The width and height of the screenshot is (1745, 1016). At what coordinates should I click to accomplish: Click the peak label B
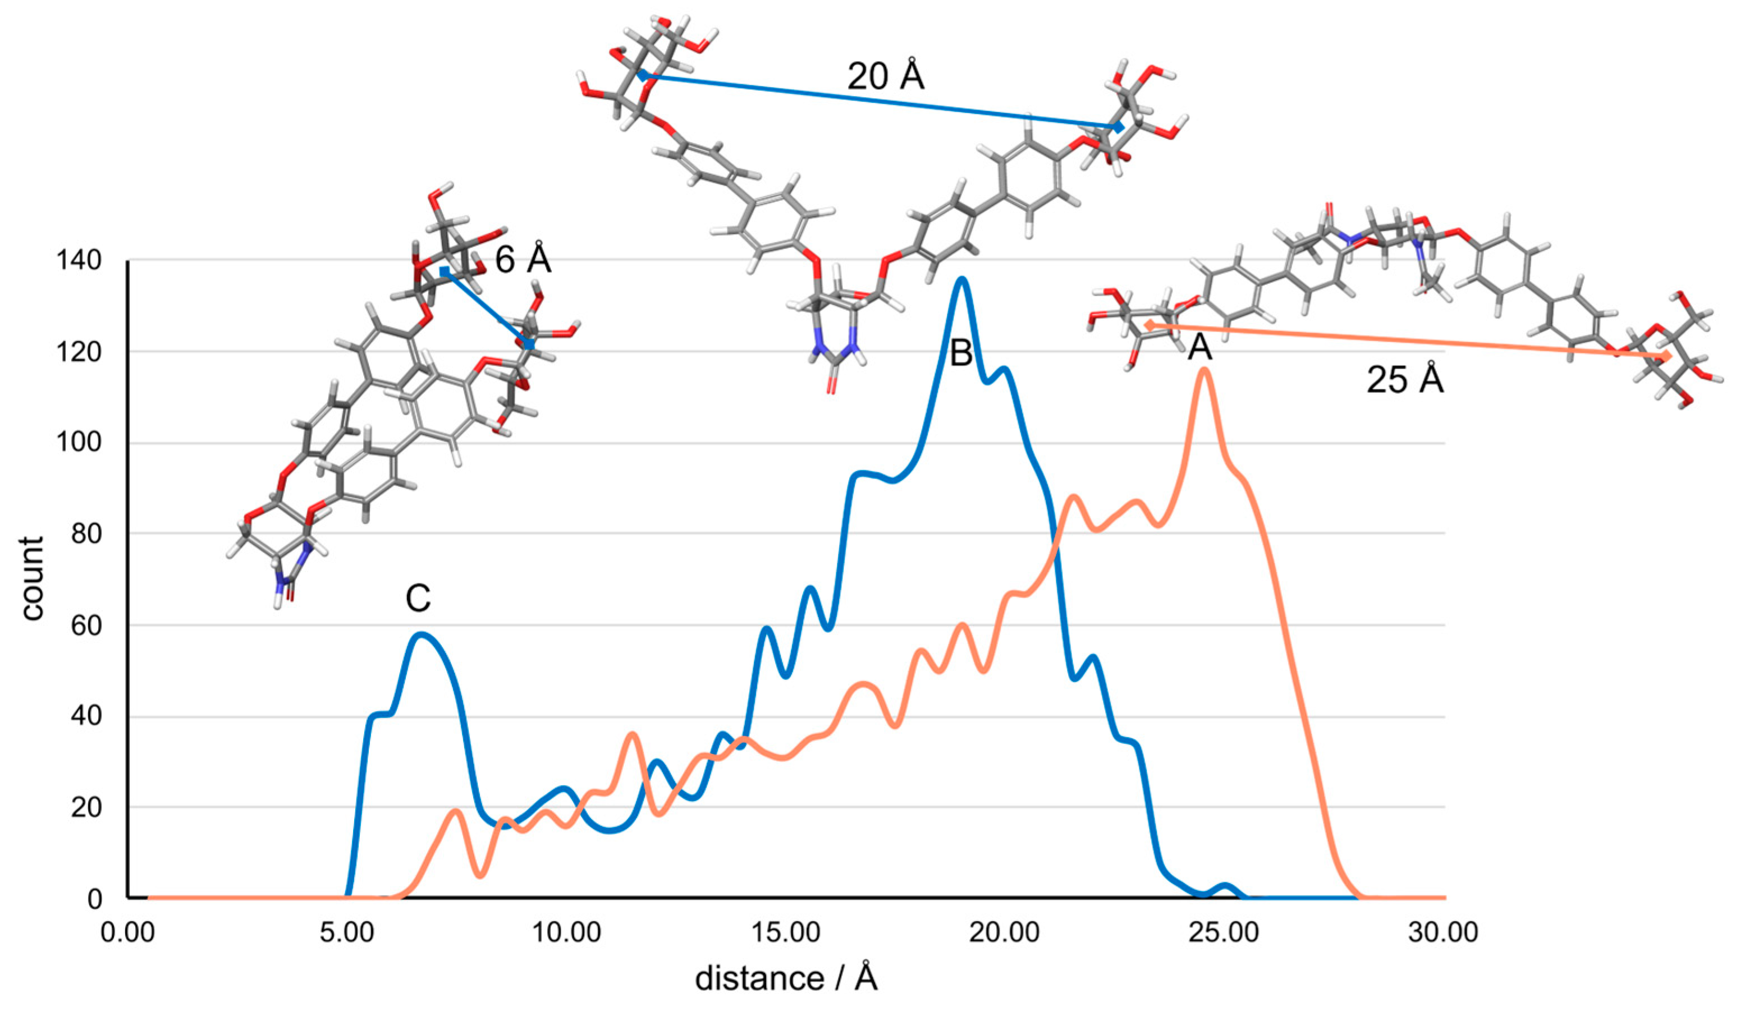[x=961, y=353]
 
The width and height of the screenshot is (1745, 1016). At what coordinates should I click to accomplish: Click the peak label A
[x=1199, y=347]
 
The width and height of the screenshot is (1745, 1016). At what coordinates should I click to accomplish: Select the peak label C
[x=418, y=599]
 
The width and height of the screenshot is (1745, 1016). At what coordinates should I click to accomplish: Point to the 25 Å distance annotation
[x=1405, y=380]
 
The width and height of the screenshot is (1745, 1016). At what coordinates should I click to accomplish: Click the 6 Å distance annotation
[x=523, y=260]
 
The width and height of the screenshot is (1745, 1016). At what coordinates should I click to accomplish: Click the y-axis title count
[x=32, y=578]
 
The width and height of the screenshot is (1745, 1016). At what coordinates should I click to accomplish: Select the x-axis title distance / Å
[x=786, y=978]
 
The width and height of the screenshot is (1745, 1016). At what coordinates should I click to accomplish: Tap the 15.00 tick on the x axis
[x=786, y=933]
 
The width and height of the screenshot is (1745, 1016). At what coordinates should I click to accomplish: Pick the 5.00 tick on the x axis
[x=347, y=933]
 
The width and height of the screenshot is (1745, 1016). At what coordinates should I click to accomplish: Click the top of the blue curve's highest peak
[x=961, y=279]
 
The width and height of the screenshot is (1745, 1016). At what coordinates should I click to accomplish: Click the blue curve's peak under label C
[x=420, y=634]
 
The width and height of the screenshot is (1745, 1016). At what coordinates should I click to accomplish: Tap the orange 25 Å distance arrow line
[x=1405, y=341]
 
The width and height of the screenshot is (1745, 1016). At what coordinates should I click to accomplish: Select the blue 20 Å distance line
[x=880, y=101]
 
